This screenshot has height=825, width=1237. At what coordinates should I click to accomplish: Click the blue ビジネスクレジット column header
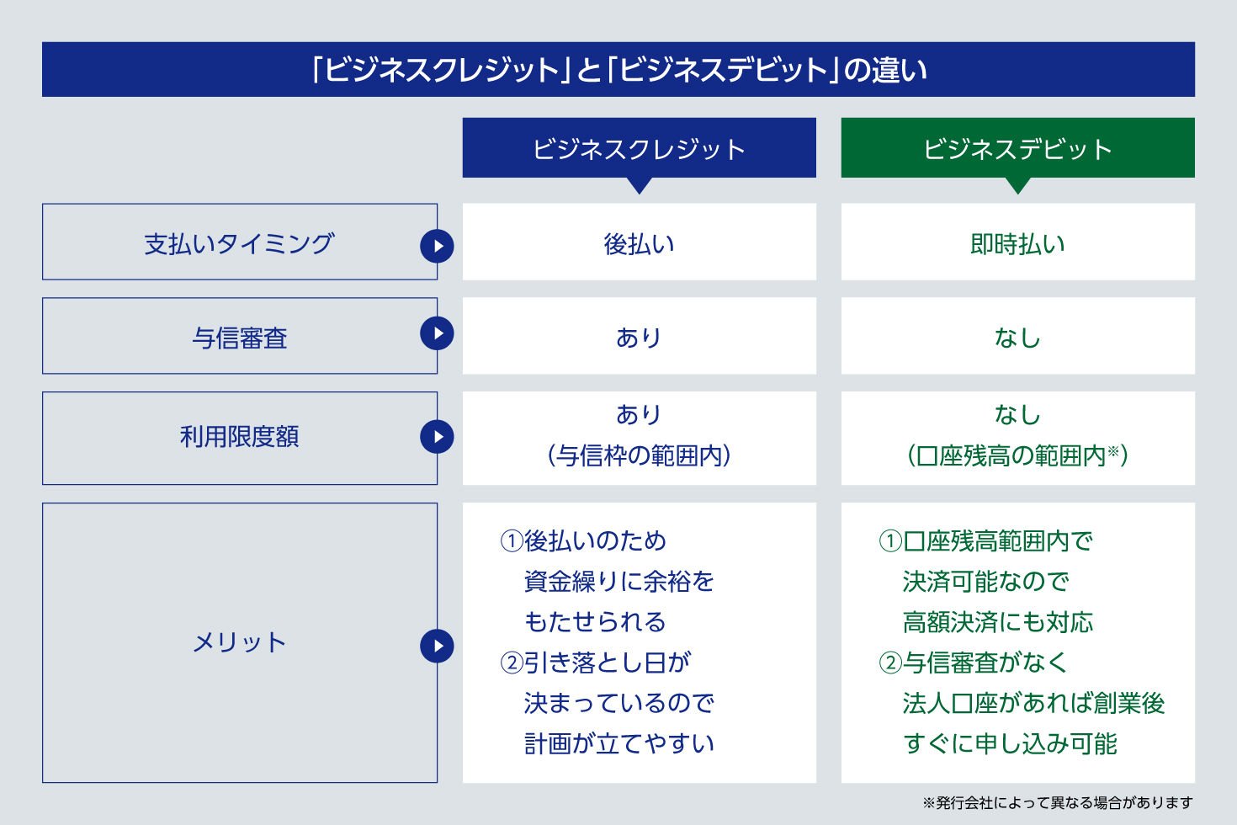(x=639, y=147)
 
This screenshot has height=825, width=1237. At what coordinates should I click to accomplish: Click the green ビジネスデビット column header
(x=1017, y=147)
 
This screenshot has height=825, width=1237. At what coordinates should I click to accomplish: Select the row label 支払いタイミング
(x=239, y=243)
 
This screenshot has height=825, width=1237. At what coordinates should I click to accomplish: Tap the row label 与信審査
(x=239, y=338)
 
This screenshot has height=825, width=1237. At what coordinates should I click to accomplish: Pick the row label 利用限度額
(x=239, y=437)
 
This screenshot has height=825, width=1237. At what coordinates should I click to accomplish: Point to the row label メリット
(x=239, y=642)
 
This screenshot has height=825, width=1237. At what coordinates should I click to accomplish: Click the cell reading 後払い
(x=639, y=243)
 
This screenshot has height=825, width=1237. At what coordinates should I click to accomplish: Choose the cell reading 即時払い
(x=1017, y=243)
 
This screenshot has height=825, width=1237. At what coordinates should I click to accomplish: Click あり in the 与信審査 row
(x=639, y=338)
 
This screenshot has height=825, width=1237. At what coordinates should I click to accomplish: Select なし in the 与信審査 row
(x=1017, y=338)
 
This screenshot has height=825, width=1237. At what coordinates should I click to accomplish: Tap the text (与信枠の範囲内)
(x=639, y=456)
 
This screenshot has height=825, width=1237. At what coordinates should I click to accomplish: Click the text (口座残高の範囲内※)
(x=1017, y=456)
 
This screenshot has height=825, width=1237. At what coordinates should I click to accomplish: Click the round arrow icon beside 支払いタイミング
(x=437, y=246)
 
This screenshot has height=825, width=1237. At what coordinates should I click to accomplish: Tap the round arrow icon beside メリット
(x=437, y=646)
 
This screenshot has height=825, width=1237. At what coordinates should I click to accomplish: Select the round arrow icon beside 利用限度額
(x=437, y=437)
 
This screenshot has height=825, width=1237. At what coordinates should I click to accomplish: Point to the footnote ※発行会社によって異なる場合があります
(x=1058, y=802)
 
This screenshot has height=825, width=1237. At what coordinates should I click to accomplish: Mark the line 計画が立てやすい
(x=619, y=744)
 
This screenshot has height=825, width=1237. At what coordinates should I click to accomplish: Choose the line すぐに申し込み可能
(x=1010, y=744)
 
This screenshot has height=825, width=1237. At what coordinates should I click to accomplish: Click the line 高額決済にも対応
(x=998, y=622)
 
